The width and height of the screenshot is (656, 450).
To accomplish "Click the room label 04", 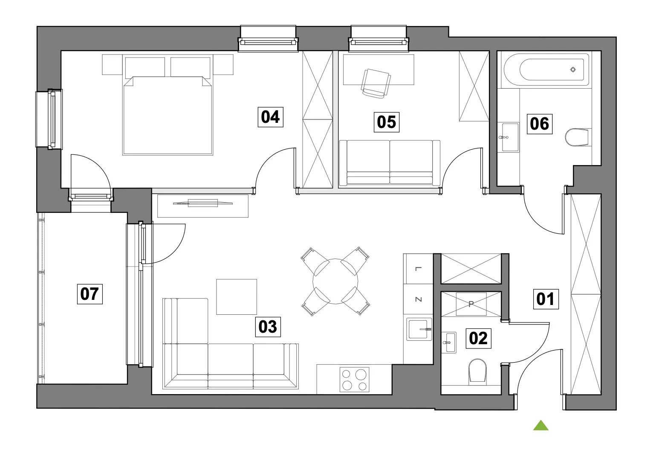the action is [x=270, y=117].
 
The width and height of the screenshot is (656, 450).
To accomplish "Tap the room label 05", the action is [x=386, y=122].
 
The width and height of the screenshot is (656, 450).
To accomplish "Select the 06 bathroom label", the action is [x=540, y=124].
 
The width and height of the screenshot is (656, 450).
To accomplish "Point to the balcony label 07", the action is [x=90, y=294].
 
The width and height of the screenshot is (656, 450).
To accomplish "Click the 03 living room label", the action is [x=268, y=327].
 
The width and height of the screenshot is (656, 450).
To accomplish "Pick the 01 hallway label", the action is [x=546, y=299].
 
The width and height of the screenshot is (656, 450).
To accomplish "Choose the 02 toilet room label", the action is [x=478, y=338].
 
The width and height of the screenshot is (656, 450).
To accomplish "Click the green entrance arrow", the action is [x=540, y=425].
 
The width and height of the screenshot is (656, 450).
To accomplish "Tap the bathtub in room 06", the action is [x=546, y=70].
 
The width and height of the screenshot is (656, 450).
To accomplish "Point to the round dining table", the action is [x=335, y=281].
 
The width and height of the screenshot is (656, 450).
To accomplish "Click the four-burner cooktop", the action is [x=354, y=379].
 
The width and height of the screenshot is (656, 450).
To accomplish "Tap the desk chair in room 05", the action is [x=376, y=84].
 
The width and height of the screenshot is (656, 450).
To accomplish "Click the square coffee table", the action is [x=237, y=297].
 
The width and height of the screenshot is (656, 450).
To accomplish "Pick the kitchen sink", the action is [x=419, y=329].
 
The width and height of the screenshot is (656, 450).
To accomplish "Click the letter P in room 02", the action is [x=471, y=304].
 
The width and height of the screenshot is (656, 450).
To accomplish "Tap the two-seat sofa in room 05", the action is [x=390, y=163].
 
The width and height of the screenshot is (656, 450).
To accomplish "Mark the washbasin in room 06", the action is [x=510, y=137].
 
